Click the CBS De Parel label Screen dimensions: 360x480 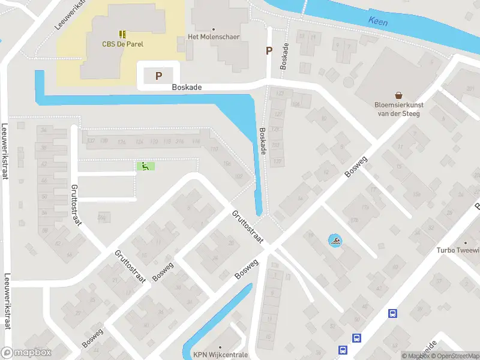click(x=122, y=44)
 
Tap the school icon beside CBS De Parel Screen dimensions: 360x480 click(x=122, y=34)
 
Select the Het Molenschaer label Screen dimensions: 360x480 click(x=214, y=37)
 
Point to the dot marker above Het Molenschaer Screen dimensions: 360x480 click(x=213, y=28)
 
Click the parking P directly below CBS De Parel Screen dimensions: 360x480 click(x=158, y=76)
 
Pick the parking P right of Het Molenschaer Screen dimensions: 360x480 click(x=269, y=51)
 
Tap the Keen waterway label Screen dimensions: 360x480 click(x=379, y=22)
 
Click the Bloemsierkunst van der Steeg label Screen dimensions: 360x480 click(x=398, y=109)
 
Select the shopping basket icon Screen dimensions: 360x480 click(x=398, y=95)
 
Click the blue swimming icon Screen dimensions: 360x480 click(x=335, y=241)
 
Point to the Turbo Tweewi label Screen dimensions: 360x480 click(x=458, y=250)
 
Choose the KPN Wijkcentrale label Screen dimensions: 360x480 click(x=220, y=355)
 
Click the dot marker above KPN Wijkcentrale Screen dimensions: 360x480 click(x=221, y=346)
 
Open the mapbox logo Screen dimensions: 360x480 click(x=26, y=353)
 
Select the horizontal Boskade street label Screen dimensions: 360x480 click(x=187, y=87)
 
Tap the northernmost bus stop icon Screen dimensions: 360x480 click(x=392, y=313)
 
